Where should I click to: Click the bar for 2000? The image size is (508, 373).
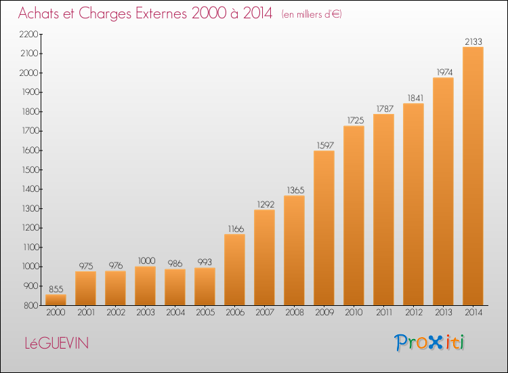click(56, 300)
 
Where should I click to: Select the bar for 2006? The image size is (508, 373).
click(234, 269)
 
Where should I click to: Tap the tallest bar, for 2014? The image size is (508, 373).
click(473, 176)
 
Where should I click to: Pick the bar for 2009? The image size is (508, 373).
click(324, 228)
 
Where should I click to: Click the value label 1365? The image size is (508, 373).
click(295, 190)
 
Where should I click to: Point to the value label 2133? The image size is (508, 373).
click(473, 41)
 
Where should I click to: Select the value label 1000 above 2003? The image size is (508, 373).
click(146, 261)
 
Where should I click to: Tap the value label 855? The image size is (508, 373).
click(56, 289)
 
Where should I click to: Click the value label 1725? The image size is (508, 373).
click(356, 120)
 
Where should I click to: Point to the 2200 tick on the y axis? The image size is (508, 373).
click(29, 34)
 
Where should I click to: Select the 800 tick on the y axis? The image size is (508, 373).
click(31, 305)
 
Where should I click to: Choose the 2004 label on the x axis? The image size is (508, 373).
click(175, 313)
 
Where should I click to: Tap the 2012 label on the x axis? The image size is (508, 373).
click(414, 313)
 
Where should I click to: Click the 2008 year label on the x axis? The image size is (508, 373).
click(295, 313)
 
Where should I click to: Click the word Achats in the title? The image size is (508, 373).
click(39, 14)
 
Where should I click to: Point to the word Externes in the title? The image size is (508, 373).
click(161, 14)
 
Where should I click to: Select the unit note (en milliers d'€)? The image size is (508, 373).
click(312, 14)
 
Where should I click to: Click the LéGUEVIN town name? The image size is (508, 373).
click(57, 343)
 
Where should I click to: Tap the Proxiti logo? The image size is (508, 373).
click(429, 342)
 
